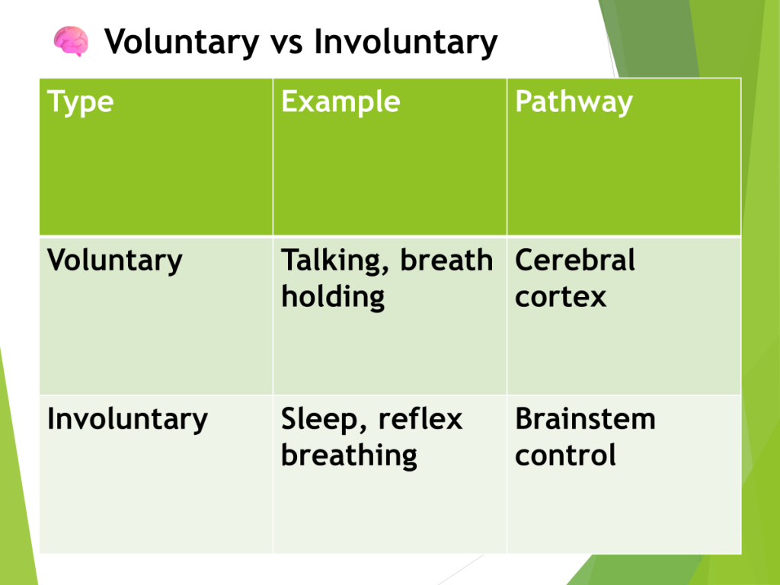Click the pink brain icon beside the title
pyautogui.click(x=71, y=41)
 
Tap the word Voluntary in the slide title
pyautogui.click(x=181, y=43)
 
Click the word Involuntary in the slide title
pyautogui.click(x=405, y=43)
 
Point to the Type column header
pyautogui.click(x=81, y=103)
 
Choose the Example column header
pyautogui.click(x=340, y=101)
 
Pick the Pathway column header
pyautogui.click(x=574, y=103)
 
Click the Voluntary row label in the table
pyautogui.click(x=115, y=261)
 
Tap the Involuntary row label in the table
pyautogui.click(x=127, y=420)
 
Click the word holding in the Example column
pyautogui.click(x=333, y=298)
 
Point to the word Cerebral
pyautogui.click(x=575, y=260)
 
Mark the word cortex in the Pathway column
pyautogui.click(x=561, y=298)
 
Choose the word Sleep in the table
pyautogui.click(x=319, y=420)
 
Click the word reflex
pyautogui.click(x=420, y=418)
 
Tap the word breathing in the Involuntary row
pyautogui.click(x=349, y=456)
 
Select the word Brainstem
pyautogui.click(x=586, y=418)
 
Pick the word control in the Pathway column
pyautogui.click(x=566, y=455)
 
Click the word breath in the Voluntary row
pyautogui.click(x=446, y=260)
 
